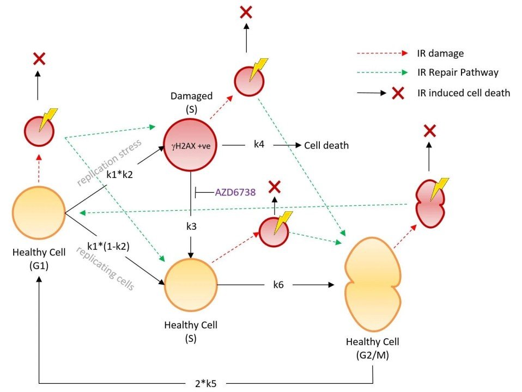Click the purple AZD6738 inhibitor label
[235, 192]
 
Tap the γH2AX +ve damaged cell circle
[190, 145]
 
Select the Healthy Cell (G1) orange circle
[39, 213]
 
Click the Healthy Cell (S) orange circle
[191, 285]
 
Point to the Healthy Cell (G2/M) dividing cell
[373, 285]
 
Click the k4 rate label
[259, 144]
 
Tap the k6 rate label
[278, 285]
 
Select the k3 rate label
[191, 226]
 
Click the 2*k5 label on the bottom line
[206, 384]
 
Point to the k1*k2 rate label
[119, 174]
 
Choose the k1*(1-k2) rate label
[108, 246]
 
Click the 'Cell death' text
[326, 145]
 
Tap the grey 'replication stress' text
[109, 162]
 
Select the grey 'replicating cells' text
[106, 268]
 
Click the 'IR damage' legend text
[440, 53]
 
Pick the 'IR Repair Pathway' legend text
[458, 72]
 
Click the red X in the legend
[398, 93]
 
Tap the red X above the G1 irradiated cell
[39, 59]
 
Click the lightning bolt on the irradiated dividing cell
[439, 189]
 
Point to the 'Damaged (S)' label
[191, 102]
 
